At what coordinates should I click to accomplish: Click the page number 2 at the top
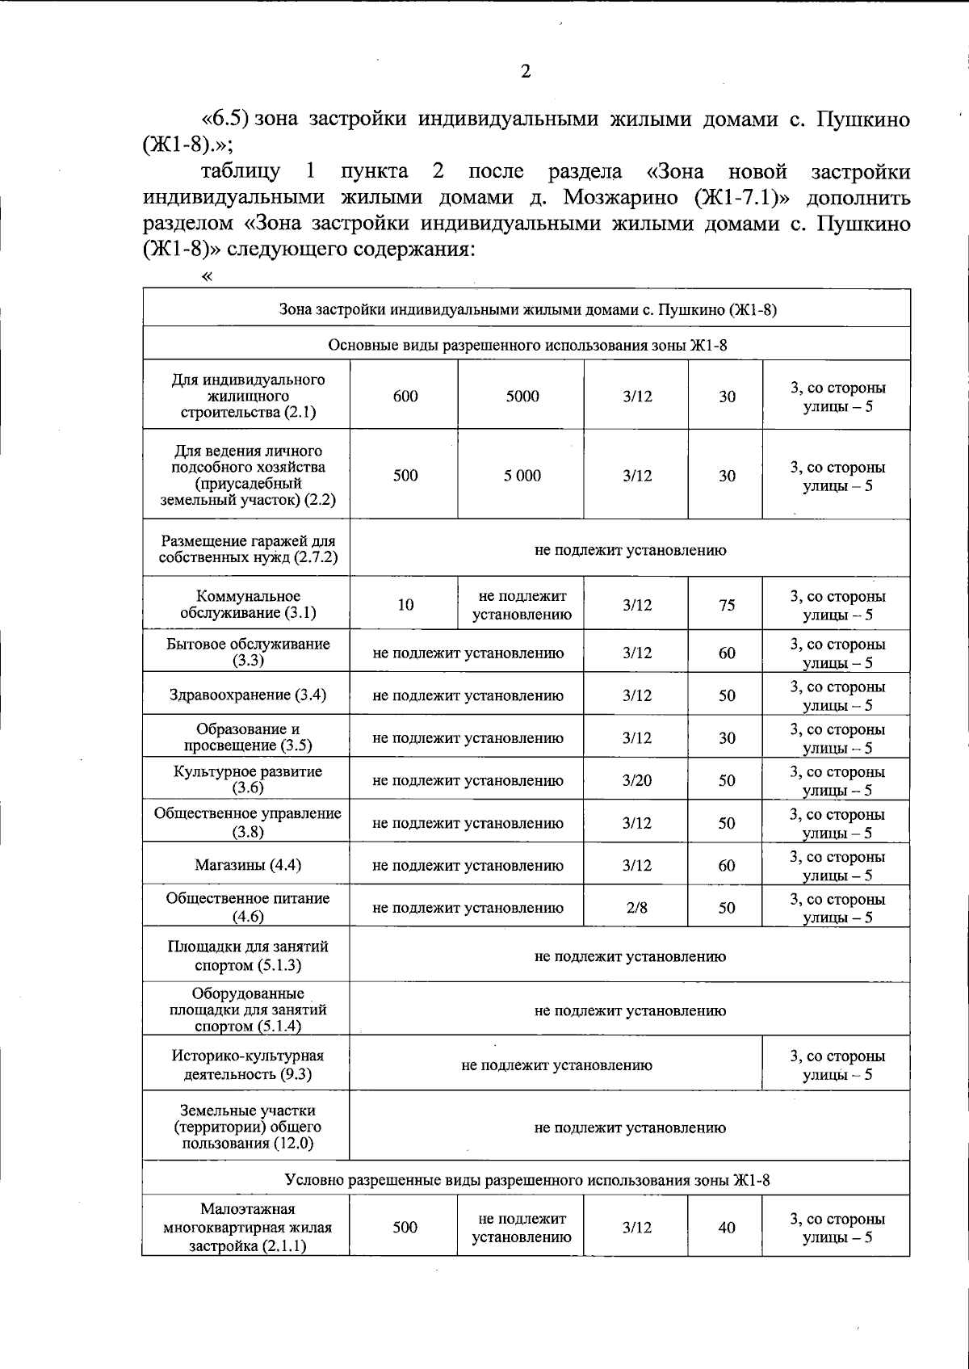(526, 72)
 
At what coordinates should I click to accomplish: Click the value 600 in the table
(405, 396)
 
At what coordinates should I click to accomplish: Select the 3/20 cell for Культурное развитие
(637, 780)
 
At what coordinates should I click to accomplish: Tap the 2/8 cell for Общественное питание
(636, 907)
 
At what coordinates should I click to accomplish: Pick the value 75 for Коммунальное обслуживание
(727, 605)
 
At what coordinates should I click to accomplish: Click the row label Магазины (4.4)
(248, 865)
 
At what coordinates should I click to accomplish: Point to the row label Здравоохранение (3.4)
(248, 695)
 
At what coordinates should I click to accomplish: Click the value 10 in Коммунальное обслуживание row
(405, 605)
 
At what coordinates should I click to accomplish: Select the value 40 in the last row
(727, 1227)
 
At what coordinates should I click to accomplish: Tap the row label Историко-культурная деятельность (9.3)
(248, 1065)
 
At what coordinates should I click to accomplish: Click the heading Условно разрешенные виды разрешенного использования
(527, 1180)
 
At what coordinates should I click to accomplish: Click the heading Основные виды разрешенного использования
(527, 346)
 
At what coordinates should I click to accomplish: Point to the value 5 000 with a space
(522, 476)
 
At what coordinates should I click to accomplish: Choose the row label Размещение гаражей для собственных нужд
(248, 549)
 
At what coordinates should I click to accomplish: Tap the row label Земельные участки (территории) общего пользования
(248, 1127)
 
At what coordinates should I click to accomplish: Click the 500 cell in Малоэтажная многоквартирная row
(405, 1227)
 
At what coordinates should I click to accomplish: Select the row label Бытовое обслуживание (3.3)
(248, 652)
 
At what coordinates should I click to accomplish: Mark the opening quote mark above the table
(208, 277)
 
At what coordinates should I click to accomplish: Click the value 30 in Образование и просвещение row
(727, 737)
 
